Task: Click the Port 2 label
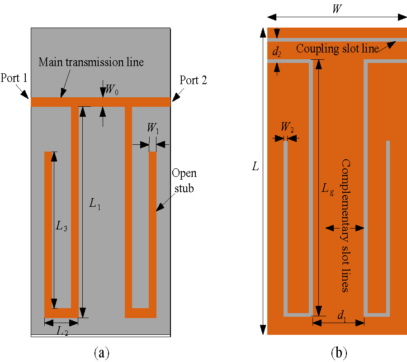[194, 81]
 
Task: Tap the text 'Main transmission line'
[91, 62]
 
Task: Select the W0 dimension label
[111, 90]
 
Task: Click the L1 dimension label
[95, 204]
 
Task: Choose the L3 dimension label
[62, 228]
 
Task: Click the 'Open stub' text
[184, 181]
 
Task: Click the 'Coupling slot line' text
[337, 49]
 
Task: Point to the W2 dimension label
[287, 128]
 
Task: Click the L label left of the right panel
[256, 167]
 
